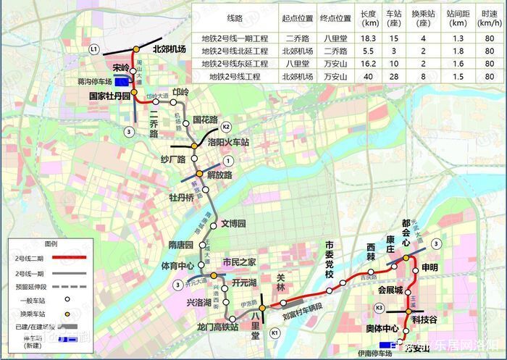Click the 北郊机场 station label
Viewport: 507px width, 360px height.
pyautogui.click(x=169, y=49)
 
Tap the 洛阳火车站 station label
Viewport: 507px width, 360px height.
pyautogui.click(x=228, y=143)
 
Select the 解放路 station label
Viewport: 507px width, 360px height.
pyautogui.click(x=218, y=175)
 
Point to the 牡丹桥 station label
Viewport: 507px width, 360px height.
pyautogui.click(x=181, y=197)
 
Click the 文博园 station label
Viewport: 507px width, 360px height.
pyautogui.click(x=234, y=223)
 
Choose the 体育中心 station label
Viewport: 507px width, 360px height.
pyautogui.click(x=177, y=265)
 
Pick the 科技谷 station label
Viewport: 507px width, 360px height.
pyautogui.click(x=424, y=319)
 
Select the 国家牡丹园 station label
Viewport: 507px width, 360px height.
pyautogui.click(x=109, y=96)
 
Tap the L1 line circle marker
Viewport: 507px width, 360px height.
pyautogui.click(x=93, y=49)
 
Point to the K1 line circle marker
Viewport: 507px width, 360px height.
pyautogui.click(x=275, y=332)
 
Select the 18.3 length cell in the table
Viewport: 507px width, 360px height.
pyautogui.click(x=369, y=37)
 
